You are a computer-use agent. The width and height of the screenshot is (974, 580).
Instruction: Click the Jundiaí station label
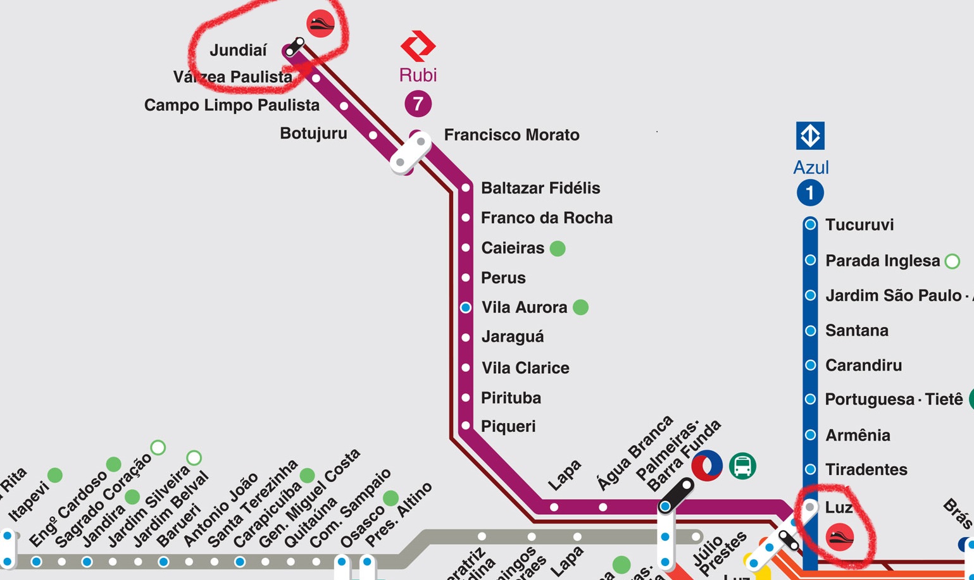238,51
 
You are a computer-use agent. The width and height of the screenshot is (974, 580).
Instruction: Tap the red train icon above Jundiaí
320,24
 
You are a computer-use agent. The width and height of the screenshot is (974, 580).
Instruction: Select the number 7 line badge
418,104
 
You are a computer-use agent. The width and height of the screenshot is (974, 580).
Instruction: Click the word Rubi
418,75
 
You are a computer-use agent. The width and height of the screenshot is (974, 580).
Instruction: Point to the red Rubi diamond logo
418,46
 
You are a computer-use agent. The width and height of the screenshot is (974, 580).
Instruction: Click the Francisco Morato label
511,135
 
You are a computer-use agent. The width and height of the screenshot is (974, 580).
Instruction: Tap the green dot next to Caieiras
558,249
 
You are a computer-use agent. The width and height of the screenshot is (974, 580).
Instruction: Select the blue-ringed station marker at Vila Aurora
466,307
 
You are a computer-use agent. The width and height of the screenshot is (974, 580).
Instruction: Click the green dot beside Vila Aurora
580,307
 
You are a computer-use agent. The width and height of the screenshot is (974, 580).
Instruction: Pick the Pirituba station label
511,398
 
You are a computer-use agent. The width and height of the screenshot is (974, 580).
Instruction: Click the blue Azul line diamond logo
810,136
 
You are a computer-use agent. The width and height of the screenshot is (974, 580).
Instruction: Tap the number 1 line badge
810,193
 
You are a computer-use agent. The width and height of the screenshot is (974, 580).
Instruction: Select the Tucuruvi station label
859,225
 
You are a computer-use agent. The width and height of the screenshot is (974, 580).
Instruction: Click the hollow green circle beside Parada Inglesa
952,261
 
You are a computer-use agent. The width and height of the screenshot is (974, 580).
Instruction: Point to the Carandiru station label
863,366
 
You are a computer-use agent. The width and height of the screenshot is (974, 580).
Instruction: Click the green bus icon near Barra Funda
742,466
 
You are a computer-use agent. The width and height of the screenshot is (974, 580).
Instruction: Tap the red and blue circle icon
706,466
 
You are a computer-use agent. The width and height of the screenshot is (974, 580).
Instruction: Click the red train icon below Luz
840,537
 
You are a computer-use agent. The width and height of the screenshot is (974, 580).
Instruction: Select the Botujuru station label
313,133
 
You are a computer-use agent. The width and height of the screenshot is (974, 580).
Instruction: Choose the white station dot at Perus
466,278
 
